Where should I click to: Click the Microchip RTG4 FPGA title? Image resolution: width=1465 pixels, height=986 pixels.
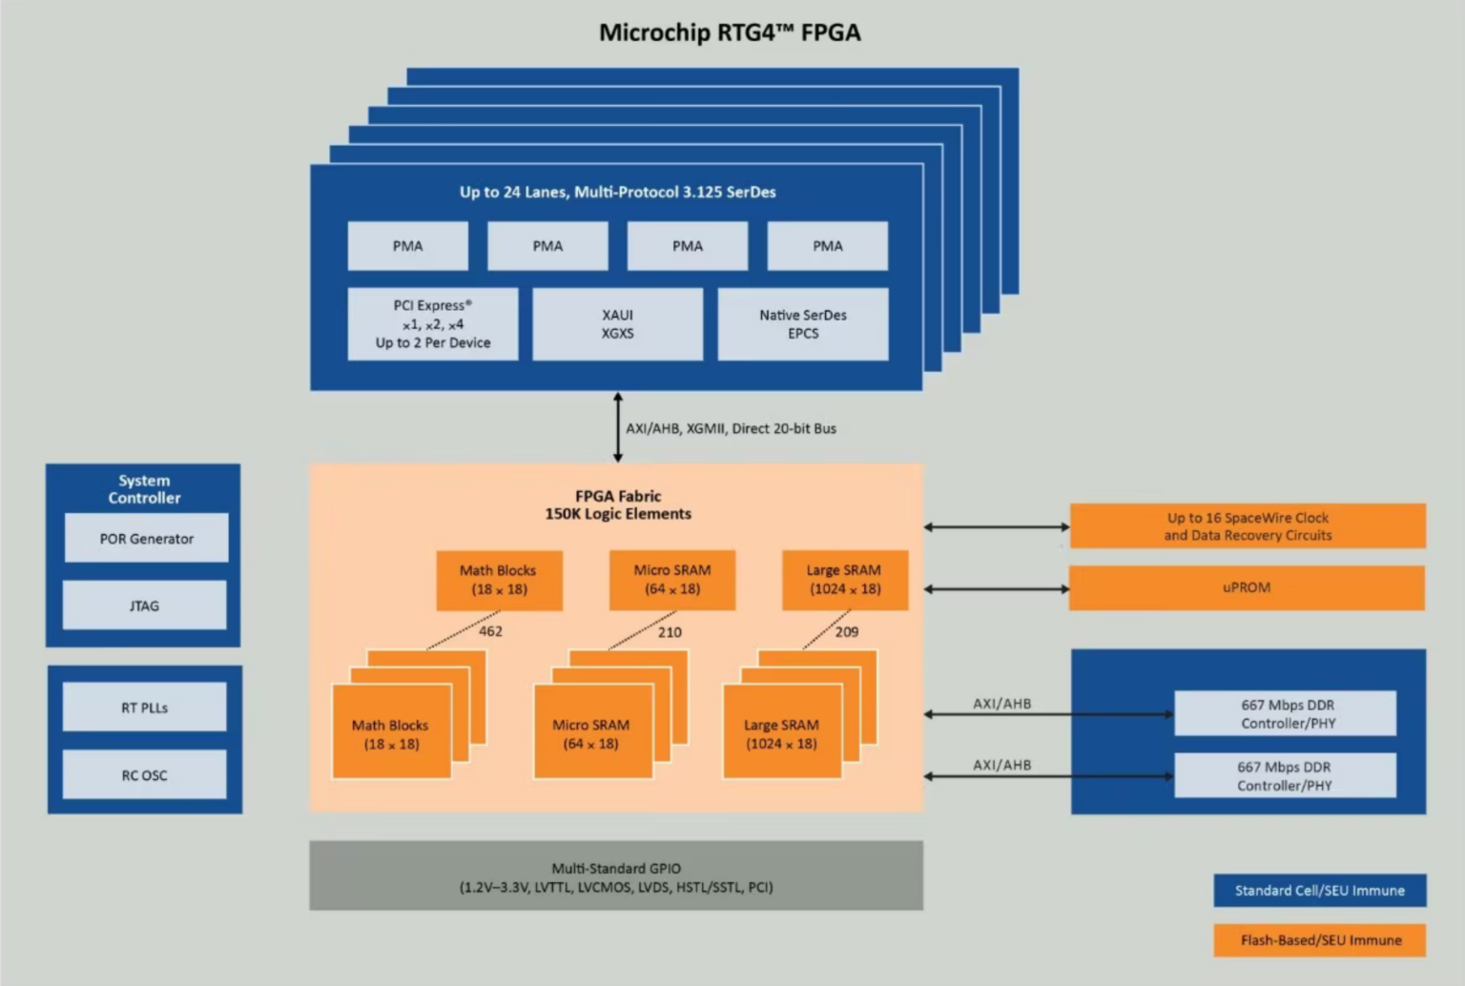tap(730, 32)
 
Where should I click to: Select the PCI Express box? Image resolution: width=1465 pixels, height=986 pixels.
tap(433, 324)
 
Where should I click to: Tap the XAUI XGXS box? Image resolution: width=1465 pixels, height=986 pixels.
tap(617, 324)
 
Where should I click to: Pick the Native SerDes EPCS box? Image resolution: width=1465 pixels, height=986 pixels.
tap(803, 324)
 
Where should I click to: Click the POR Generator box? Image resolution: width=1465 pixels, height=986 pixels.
tap(147, 539)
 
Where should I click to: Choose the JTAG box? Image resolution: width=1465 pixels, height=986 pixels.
tap(145, 606)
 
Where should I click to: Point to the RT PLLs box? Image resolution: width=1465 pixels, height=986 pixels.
tap(145, 708)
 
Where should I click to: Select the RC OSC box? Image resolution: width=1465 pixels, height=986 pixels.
tap(145, 775)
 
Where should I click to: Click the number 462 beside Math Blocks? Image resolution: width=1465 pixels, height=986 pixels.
tap(490, 631)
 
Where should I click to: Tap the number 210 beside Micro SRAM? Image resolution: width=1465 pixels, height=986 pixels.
tap(670, 632)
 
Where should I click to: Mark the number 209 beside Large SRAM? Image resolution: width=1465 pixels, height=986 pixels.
tap(847, 632)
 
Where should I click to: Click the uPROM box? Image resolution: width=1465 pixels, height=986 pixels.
tap(1247, 587)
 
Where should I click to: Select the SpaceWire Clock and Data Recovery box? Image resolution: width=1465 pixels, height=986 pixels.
tap(1248, 526)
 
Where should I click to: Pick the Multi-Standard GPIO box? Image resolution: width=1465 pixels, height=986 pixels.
tap(616, 876)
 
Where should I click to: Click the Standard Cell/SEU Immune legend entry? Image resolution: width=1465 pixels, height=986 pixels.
tap(1320, 891)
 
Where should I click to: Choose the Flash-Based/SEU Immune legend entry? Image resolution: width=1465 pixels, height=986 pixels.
tap(1320, 940)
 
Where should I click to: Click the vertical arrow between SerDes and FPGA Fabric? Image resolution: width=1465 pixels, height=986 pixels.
tap(618, 427)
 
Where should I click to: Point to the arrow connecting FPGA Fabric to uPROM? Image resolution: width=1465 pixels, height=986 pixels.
tap(997, 589)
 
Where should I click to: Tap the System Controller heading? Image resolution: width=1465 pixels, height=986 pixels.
tap(144, 489)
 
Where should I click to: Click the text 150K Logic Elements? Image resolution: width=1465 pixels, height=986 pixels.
tap(618, 514)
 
